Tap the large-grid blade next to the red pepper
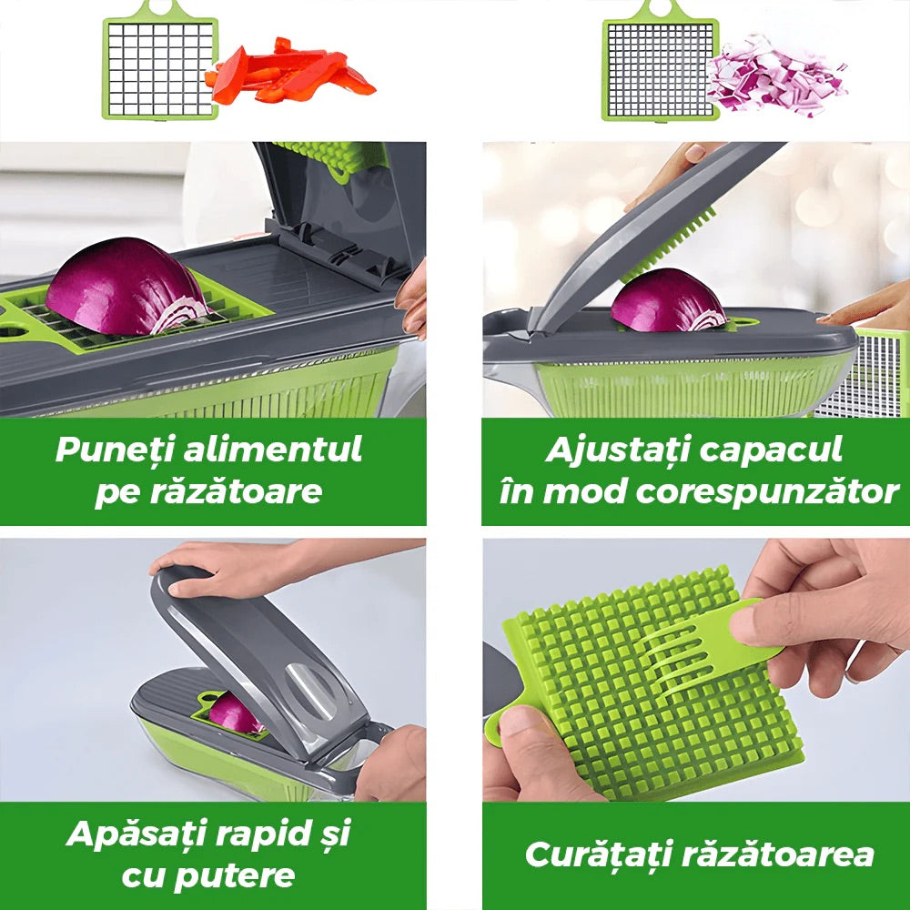click(160, 63)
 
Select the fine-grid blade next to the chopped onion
click(661, 63)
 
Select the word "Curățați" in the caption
click(599, 855)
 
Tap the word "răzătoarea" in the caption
click(778, 855)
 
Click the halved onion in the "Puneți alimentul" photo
click(126, 288)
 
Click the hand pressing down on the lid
click(232, 566)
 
